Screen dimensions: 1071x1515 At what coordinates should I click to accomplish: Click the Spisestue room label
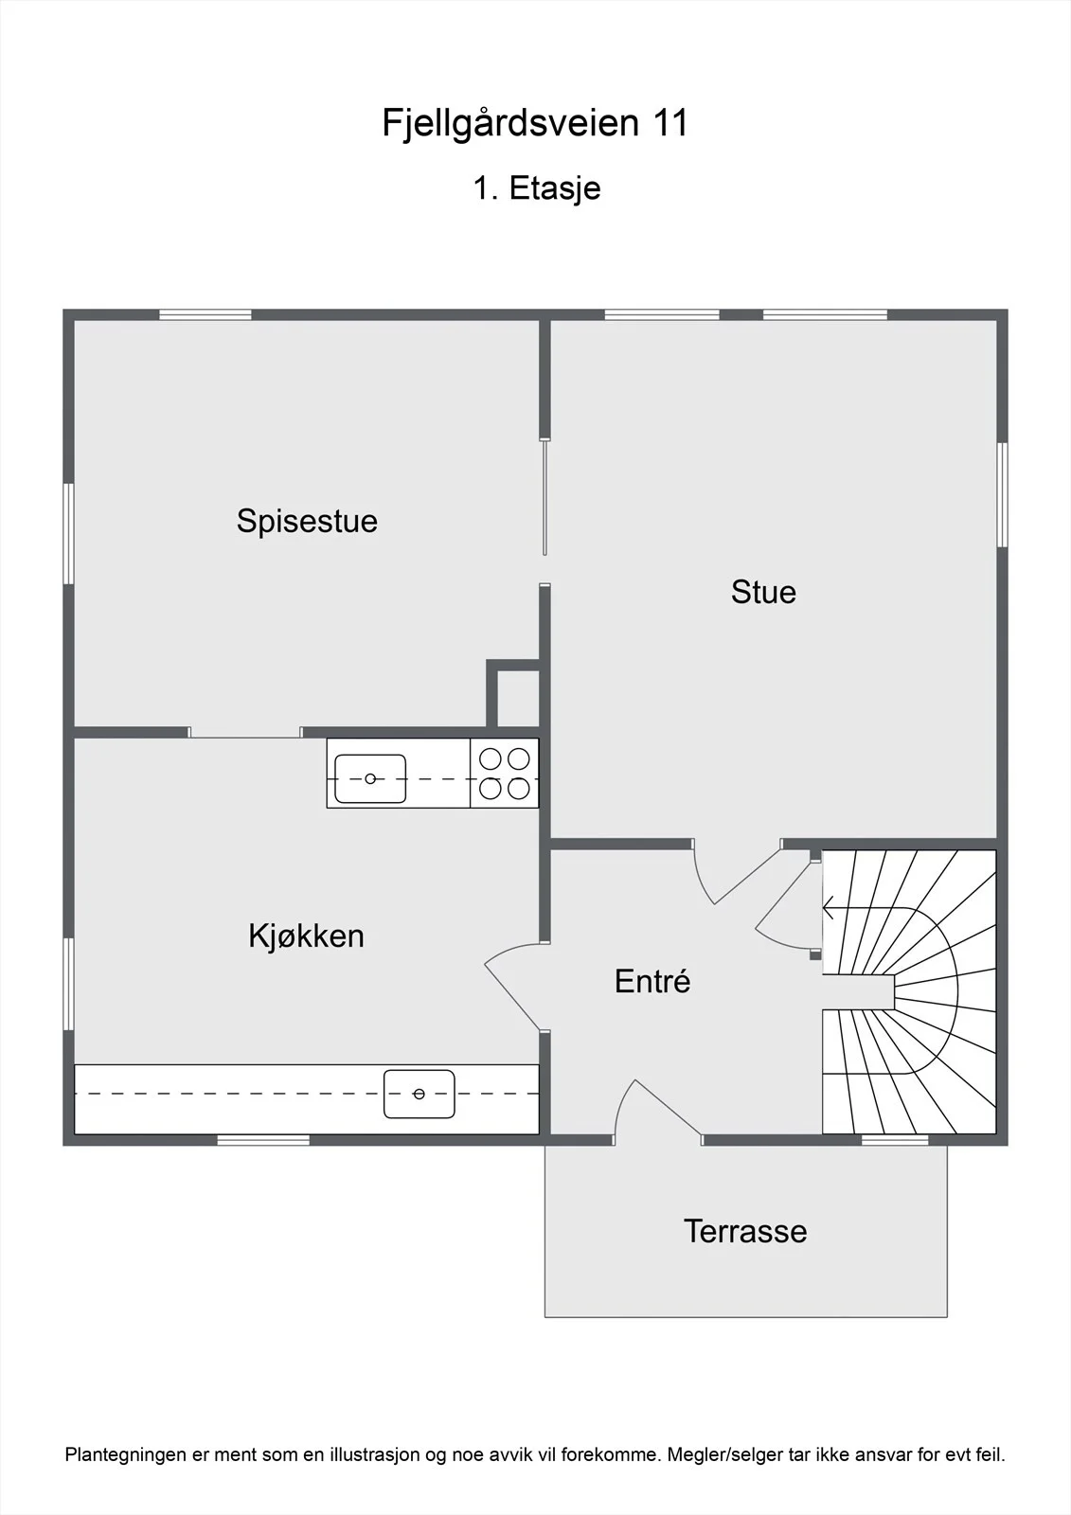click(x=307, y=522)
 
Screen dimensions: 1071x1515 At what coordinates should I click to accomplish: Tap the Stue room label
click(x=763, y=592)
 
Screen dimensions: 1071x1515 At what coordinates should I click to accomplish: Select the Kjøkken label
click(x=307, y=936)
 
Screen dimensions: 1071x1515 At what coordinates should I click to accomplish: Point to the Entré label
click(x=652, y=981)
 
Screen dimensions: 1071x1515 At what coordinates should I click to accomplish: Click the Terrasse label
click(x=745, y=1231)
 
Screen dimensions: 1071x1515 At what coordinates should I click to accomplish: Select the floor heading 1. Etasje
click(x=537, y=188)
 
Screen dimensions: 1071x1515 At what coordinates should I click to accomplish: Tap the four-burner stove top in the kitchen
click(x=504, y=773)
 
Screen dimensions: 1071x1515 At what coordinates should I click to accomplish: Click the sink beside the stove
click(x=370, y=778)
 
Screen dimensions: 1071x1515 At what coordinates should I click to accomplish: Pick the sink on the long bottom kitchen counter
click(x=419, y=1094)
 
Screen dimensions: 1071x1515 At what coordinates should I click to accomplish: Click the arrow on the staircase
click(x=829, y=907)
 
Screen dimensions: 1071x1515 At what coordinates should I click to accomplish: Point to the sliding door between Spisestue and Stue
click(x=544, y=498)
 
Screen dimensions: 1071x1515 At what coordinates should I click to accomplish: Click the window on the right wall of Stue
click(x=1002, y=494)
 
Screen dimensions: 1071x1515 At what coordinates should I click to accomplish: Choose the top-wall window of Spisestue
click(x=205, y=314)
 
